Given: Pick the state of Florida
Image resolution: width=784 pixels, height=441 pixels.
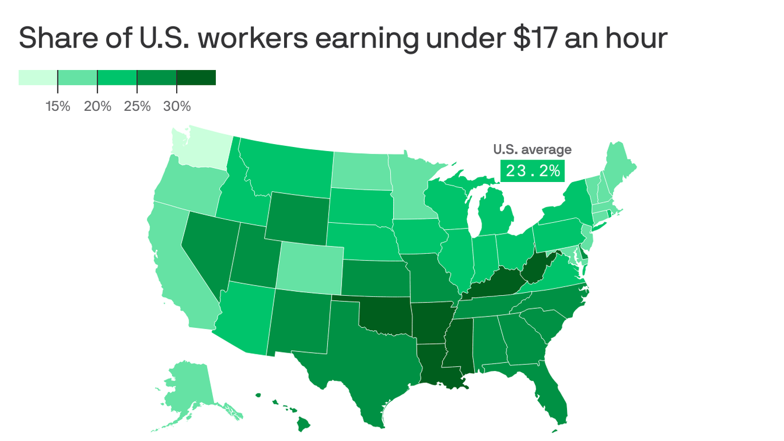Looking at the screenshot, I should pyautogui.click(x=554, y=396).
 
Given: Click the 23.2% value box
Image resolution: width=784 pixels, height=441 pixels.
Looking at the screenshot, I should pyautogui.click(x=533, y=171).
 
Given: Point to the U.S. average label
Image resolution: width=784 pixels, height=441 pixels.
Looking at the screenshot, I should pyautogui.click(x=532, y=150).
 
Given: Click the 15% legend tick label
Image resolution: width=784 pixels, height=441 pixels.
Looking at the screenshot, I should pyautogui.click(x=57, y=106).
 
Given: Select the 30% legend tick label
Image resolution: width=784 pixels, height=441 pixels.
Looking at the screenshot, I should pyautogui.click(x=177, y=106).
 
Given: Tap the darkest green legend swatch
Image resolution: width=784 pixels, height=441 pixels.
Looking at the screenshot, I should pyautogui.click(x=196, y=78).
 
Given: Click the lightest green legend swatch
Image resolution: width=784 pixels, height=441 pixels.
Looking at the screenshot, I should pyautogui.click(x=38, y=78).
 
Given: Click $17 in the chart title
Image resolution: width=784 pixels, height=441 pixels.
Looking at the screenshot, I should pyautogui.click(x=527, y=38).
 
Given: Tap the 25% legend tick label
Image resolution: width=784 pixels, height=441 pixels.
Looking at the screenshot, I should pyautogui.click(x=137, y=106).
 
